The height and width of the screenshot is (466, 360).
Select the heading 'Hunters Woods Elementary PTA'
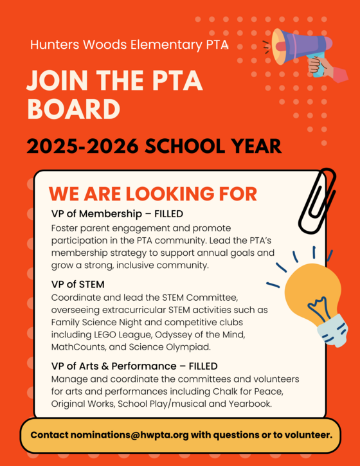coord(129,46)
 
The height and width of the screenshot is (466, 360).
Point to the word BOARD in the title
coord(73,109)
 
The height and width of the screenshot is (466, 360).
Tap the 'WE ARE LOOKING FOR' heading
coord(153,194)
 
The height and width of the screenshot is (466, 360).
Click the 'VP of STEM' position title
coord(78,284)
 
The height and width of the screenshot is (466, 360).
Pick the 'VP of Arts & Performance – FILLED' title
coord(134,366)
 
